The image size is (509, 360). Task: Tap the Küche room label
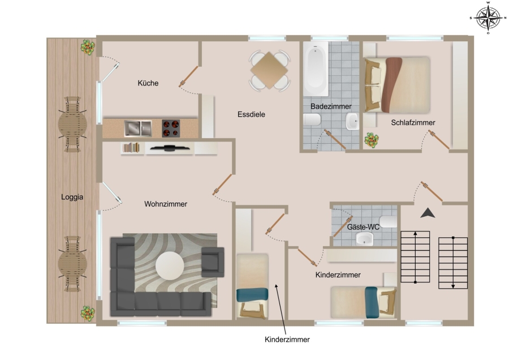pos(148,83)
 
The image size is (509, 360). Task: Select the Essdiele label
pos(251,114)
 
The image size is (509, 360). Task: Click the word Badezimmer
pos(331,106)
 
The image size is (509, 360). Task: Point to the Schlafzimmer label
pos(413,122)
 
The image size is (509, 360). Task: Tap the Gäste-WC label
pos(363,227)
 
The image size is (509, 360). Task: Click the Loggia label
pos(72,197)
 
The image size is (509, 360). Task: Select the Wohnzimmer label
pos(166,204)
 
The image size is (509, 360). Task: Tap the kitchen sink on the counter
pos(138,128)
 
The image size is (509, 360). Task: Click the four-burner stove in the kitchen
pos(171,128)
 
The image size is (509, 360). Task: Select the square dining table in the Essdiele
pos(269,70)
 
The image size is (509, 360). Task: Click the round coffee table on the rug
pos(170,266)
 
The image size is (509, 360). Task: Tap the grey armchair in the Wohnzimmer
pos(213,262)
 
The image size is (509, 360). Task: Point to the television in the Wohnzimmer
pos(170,148)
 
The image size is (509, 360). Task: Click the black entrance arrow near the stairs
pos(428,213)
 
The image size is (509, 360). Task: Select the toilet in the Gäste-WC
pos(388,221)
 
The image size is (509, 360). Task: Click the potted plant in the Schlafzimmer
pos(372,140)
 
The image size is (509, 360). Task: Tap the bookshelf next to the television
pos(131,148)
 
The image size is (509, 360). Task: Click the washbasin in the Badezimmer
pos(352,122)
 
